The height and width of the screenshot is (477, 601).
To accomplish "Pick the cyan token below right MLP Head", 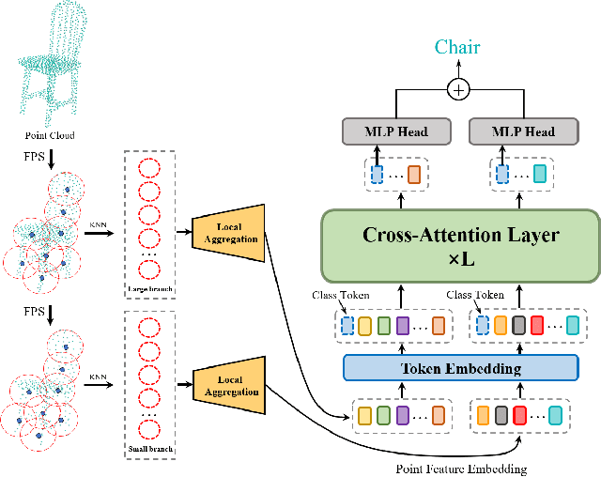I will (x=540, y=174).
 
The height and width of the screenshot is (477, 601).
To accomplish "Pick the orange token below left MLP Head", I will (x=415, y=174).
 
